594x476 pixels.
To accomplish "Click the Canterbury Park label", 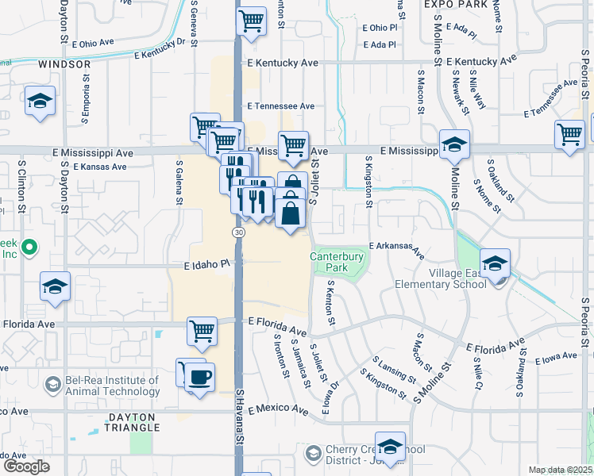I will coord(337,262).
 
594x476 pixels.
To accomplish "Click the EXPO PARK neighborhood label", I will coord(453,5).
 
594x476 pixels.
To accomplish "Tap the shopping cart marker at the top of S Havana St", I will coord(251,20).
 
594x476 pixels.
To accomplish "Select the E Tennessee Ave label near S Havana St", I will coord(281,106).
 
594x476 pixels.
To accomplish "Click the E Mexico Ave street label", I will coord(278,410).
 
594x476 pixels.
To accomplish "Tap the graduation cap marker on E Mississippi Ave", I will coord(454,144).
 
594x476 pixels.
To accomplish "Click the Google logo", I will coord(27,466).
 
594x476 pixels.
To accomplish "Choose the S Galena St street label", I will coord(180,182).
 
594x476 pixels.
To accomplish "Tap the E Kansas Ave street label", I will coord(100,167).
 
